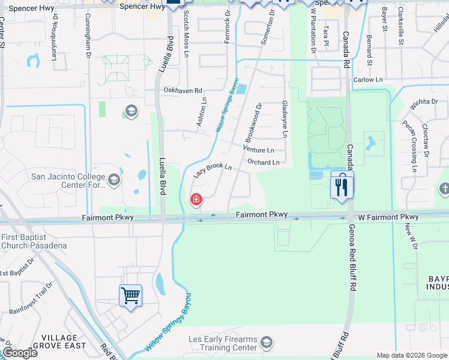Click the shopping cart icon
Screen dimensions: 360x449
[131, 295]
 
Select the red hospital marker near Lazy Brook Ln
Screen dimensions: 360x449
[196, 200]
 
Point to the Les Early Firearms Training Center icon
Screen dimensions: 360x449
[267, 343]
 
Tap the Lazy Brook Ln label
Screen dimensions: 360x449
[212, 170]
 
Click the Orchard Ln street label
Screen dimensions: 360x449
[263, 163]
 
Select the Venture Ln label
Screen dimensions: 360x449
[259, 150]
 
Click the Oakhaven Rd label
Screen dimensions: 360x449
[182, 90]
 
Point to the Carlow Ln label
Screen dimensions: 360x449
[368, 79]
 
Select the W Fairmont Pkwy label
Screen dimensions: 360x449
[388, 217]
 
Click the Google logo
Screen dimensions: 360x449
[19, 353]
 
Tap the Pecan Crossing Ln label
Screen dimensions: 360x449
[412, 146]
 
